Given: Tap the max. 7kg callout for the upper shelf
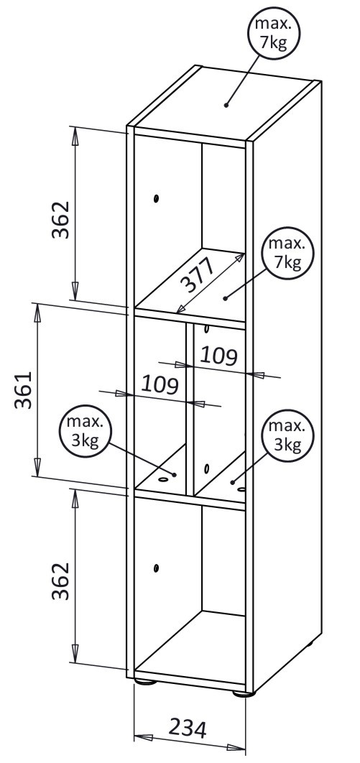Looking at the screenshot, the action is click(288, 253).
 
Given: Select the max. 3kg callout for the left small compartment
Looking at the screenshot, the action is click(85, 432).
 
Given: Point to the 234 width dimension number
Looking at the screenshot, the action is click(188, 728).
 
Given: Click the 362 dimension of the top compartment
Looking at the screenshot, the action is click(61, 219).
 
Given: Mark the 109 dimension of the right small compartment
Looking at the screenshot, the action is click(218, 356).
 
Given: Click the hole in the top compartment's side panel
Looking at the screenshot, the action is click(156, 198).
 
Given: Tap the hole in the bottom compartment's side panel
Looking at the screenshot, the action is click(156, 568).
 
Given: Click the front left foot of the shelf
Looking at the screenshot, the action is click(146, 682).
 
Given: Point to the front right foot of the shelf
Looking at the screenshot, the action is click(243, 693).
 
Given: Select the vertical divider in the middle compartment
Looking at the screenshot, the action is click(190, 410).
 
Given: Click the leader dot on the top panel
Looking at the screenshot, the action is click(226, 105).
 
